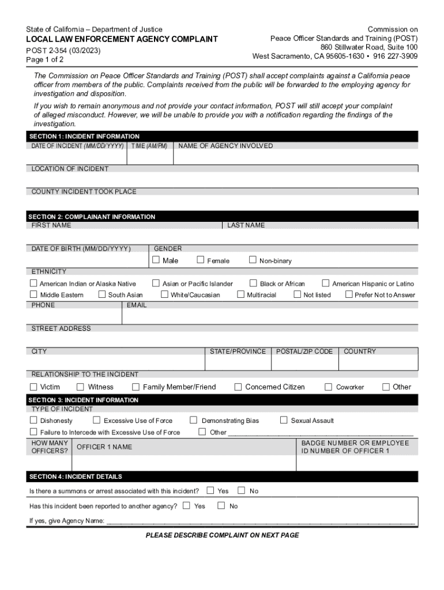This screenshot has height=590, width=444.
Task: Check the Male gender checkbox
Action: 156,260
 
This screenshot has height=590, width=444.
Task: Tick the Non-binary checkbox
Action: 253,260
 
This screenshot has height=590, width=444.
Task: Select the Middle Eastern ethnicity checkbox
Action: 33,294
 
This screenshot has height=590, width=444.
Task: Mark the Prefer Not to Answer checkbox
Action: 349,294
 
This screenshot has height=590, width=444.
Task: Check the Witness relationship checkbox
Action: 81,387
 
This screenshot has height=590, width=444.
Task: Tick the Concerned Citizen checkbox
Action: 238,387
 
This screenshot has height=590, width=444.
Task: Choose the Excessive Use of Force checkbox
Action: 97,420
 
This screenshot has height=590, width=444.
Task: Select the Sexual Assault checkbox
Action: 284,420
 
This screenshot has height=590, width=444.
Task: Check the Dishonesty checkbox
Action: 33,420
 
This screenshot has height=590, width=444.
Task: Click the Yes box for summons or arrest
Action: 210,490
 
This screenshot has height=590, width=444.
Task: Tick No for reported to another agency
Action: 221,505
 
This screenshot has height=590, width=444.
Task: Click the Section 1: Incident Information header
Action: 85,137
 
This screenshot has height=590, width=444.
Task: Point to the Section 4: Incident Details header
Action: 76,476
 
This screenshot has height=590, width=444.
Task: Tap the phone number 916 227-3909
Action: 396,56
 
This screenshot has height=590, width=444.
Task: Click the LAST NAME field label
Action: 246,225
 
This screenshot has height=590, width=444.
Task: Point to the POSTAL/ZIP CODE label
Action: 304,351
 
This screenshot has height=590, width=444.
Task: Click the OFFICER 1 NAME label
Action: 104,447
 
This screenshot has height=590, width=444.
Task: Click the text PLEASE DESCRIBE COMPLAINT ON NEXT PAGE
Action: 222,535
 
